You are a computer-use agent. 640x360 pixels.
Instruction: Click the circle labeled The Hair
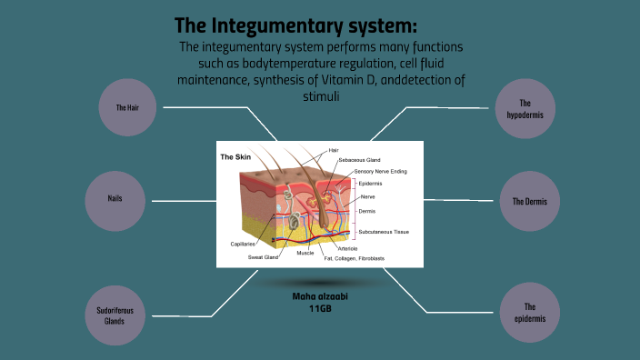(125, 107)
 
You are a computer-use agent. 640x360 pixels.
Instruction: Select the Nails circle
(115, 199)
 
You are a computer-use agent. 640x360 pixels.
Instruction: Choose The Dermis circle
(530, 201)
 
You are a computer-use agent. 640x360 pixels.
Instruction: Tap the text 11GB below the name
(318, 309)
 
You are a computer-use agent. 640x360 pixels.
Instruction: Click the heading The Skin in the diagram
(235, 157)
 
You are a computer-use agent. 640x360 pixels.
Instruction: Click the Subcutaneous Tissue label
(384, 232)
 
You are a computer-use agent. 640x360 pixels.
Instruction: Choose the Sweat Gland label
(264, 257)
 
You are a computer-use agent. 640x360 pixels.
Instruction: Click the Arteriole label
(347, 248)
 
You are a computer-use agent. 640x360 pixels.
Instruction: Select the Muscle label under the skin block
(305, 253)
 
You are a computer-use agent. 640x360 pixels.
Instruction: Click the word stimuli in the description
(320, 96)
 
